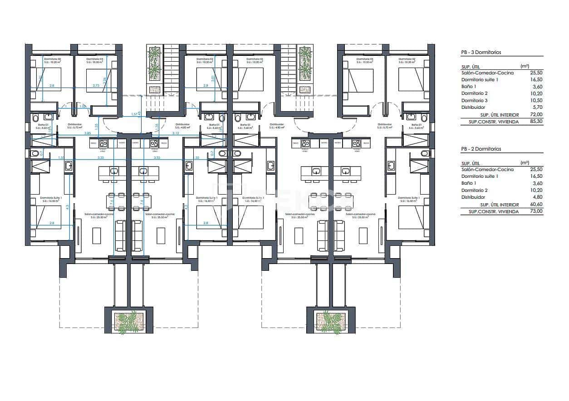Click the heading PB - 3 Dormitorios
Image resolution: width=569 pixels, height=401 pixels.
point(481,53)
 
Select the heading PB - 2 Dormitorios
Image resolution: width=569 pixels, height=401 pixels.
point(481,149)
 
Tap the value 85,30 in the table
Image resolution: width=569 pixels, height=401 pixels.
point(536,122)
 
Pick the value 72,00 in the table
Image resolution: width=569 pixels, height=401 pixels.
point(536,115)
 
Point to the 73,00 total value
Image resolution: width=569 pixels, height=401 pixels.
point(536,211)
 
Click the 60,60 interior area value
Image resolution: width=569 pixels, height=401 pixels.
point(536,205)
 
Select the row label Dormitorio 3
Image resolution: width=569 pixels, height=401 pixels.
point(475,100)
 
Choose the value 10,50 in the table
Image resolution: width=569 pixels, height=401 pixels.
point(536,100)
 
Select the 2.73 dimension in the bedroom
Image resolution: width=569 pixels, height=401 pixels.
point(96,85)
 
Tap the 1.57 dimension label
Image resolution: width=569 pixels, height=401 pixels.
point(134,114)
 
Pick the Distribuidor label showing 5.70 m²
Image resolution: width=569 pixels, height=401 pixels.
point(74,126)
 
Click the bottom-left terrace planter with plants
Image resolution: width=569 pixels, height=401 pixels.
point(128,321)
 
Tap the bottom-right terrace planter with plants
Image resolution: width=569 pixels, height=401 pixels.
point(329,321)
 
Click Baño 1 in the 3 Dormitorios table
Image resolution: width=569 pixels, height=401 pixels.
point(469,86)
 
